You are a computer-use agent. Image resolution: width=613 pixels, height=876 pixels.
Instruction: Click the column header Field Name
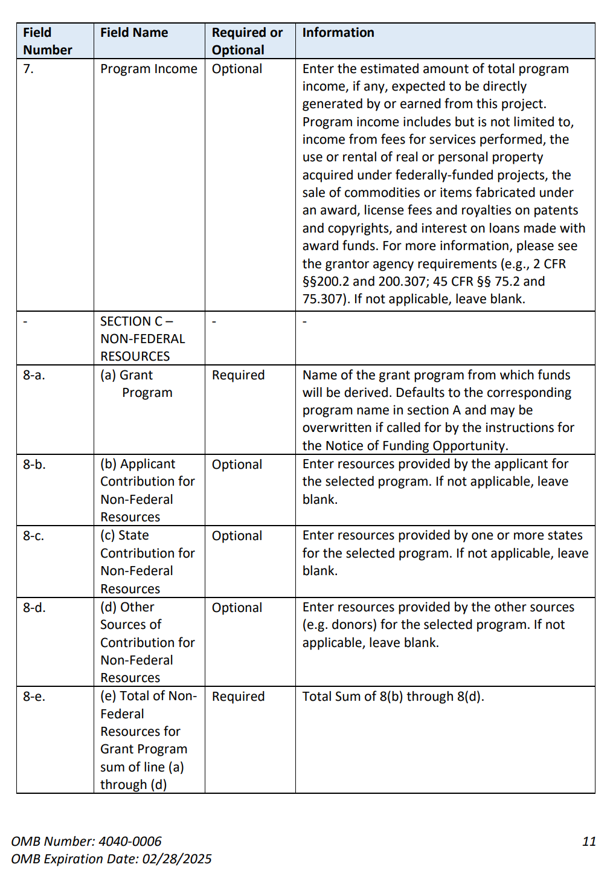point(134,33)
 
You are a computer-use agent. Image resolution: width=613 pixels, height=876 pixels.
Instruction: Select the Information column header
point(338,33)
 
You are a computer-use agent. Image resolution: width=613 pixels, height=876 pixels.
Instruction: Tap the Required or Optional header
point(247,41)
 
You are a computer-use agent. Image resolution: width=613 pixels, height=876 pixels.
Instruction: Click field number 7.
point(28,69)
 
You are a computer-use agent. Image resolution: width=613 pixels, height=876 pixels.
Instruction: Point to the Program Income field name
point(149,69)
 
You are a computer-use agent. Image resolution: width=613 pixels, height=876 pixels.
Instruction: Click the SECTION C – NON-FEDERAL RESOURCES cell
point(143,338)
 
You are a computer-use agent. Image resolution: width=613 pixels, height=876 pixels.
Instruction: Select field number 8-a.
point(34,375)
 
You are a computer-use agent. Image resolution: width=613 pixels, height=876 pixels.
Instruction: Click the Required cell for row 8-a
point(238,375)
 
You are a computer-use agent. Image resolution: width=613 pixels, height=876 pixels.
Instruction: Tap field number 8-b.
point(34,465)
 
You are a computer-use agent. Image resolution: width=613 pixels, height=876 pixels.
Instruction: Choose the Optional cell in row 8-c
point(237,536)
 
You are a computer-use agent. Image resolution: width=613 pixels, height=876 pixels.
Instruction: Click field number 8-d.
point(34,608)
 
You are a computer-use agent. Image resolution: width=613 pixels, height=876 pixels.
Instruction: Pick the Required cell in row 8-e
point(238,697)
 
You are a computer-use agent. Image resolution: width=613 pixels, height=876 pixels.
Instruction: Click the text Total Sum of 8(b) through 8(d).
point(393,697)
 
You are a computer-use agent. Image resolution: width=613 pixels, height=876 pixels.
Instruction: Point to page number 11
point(589,842)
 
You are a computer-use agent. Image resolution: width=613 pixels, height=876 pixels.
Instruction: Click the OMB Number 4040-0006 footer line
point(86,842)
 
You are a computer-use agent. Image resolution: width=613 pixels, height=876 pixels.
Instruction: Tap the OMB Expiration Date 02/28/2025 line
point(112,859)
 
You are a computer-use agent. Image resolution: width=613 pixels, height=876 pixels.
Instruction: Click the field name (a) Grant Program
point(136,384)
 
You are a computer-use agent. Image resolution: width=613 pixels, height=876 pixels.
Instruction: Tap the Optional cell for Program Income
point(237,69)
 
